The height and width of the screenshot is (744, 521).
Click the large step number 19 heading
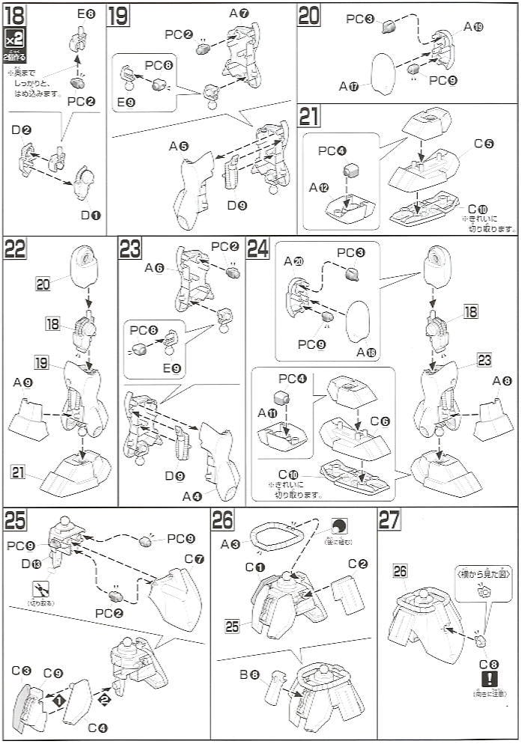tap(119, 16)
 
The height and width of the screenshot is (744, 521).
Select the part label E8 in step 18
tap(86, 14)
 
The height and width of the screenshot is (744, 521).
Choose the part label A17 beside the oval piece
tap(349, 86)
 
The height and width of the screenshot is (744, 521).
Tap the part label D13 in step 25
tap(31, 563)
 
